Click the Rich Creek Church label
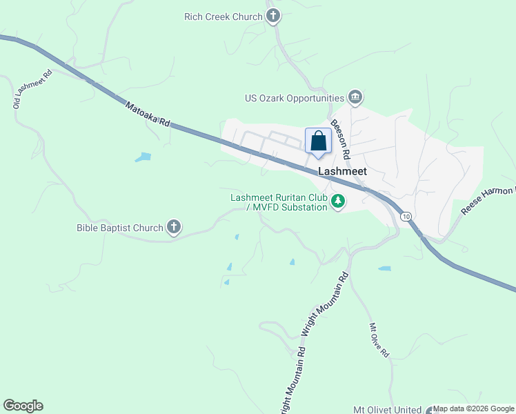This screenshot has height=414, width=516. pyautogui.click(x=224, y=17)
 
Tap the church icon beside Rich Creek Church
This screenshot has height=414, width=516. pyautogui.click(x=273, y=16)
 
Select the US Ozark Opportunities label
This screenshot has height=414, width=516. pyautogui.click(x=295, y=99)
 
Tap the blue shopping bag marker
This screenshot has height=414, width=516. pyautogui.click(x=318, y=141)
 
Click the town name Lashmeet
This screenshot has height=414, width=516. pyautogui.click(x=342, y=172)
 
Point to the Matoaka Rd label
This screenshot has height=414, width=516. pyautogui.click(x=148, y=114)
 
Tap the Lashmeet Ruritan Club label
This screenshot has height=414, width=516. pyautogui.click(x=278, y=197)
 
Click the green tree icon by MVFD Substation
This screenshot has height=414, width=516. pyautogui.click(x=337, y=202)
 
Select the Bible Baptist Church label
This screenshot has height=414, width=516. pyautogui.click(x=119, y=227)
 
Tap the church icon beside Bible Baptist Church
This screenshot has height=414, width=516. pyautogui.click(x=173, y=227)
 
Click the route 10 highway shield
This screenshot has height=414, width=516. pyautogui.click(x=406, y=216)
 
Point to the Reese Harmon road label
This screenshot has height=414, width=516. pyautogui.click(x=488, y=201)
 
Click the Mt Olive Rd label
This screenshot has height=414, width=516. pyautogui.click(x=379, y=339)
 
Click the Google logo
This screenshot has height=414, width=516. pyautogui.click(x=23, y=406)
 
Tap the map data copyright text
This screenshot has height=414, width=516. pyautogui.click(x=474, y=409)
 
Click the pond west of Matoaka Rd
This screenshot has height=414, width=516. pyautogui.click(x=143, y=157)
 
